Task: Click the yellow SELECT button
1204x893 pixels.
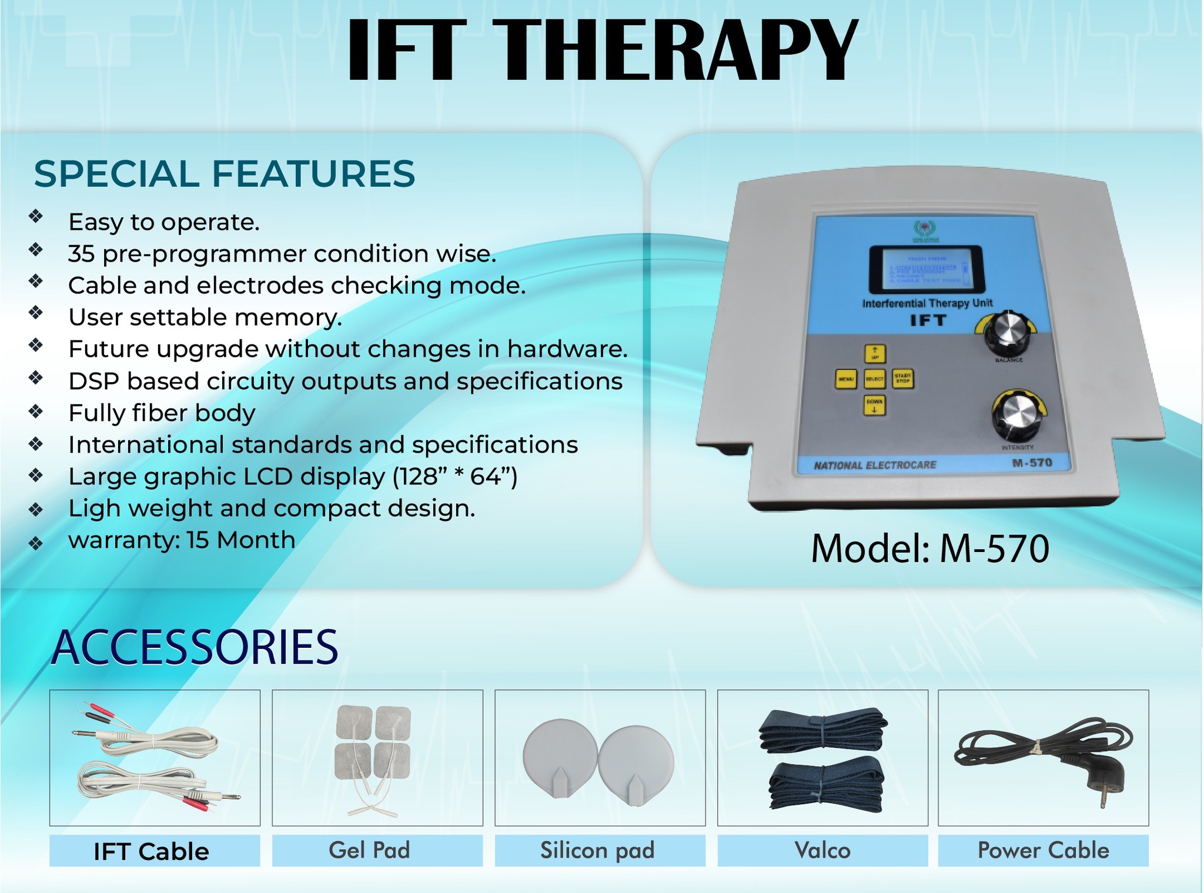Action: click(874, 379)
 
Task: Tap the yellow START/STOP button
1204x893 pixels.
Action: click(902, 379)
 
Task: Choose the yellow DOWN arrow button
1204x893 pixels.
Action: click(874, 405)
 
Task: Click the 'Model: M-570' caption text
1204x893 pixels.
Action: click(929, 549)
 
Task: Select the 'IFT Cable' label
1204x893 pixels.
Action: click(152, 851)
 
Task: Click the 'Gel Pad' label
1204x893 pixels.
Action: click(369, 851)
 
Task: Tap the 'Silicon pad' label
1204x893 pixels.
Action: click(597, 851)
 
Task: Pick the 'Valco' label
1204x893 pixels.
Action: click(822, 851)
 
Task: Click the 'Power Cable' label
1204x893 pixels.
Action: click(1043, 851)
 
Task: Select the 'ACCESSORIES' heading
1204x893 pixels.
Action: click(195, 647)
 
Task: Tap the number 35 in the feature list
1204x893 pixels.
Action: click(81, 254)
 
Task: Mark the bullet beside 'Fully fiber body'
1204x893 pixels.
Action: click(36, 412)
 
